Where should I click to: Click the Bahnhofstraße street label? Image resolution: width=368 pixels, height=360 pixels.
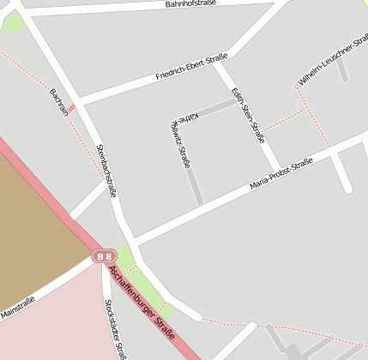coord(190,4)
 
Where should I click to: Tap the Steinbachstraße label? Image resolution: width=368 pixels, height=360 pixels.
coord(107,171)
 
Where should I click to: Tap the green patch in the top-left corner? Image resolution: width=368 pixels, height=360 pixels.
coord(12,21)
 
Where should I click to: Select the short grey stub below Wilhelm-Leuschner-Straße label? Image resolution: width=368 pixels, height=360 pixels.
coord(342,69)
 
